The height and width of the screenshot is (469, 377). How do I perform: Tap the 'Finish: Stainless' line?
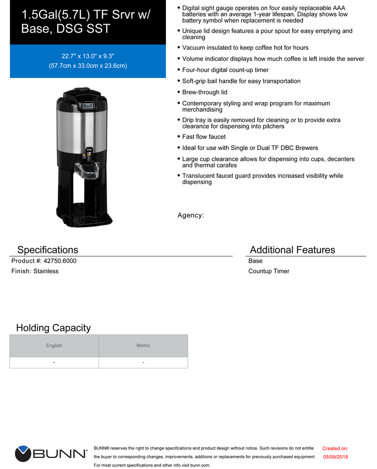[x=35, y=271]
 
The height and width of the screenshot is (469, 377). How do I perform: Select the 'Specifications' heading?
[x=48, y=250]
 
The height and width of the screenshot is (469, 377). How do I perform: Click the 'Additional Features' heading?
[x=292, y=250]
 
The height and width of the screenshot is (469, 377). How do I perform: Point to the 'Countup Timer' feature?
[x=268, y=271]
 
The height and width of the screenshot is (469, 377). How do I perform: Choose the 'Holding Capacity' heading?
[x=53, y=328]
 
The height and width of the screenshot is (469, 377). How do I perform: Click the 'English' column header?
[x=54, y=346]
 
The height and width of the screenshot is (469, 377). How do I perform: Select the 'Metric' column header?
[x=143, y=346]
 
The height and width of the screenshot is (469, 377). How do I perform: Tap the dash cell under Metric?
[x=143, y=362]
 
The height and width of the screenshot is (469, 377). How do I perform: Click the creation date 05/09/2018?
[x=335, y=457]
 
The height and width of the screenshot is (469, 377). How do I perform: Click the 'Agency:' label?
[x=191, y=215]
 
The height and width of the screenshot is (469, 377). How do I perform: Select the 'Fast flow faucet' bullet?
[x=204, y=137]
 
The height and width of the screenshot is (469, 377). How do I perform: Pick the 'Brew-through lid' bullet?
[x=205, y=92]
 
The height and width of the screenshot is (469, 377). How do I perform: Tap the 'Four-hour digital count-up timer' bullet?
[x=225, y=70]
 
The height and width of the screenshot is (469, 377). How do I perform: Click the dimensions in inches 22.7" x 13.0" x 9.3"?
[x=88, y=56]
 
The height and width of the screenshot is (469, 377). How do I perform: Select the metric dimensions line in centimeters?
[x=88, y=66]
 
